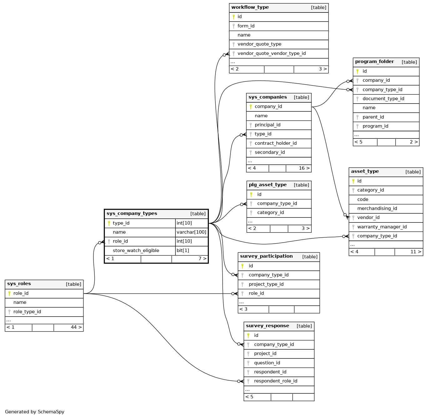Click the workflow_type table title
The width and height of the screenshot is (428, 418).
click(x=250, y=7)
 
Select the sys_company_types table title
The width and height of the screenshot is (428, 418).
click(x=132, y=214)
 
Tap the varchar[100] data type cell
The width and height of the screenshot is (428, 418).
click(x=191, y=232)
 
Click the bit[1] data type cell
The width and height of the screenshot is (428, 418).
click(x=183, y=250)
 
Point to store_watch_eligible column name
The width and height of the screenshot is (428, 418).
click(x=136, y=250)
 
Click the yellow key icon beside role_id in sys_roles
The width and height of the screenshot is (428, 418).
click(x=9, y=293)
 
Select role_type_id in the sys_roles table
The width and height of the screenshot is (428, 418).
click(x=27, y=312)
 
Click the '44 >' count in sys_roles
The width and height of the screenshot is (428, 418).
click(x=76, y=327)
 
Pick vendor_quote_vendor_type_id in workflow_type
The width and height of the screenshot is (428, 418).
click(x=271, y=53)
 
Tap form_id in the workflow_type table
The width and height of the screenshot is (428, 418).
click(x=246, y=26)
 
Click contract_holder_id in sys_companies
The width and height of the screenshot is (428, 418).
click(x=275, y=143)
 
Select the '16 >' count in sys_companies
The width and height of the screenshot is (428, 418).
click(x=304, y=168)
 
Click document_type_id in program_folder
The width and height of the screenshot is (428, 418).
click(x=383, y=99)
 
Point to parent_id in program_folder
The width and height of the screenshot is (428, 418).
click(x=373, y=117)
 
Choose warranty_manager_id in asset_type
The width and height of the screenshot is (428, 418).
click(x=382, y=227)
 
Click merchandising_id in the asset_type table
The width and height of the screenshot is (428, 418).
click(x=377, y=208)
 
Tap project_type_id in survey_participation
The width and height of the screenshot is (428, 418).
click(x=266, y=284)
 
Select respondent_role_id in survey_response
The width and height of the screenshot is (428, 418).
click(x=275, y=381)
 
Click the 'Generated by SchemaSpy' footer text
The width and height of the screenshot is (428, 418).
click(x=35, y=412)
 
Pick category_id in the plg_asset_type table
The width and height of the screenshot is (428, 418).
click(x=270, y=212)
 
